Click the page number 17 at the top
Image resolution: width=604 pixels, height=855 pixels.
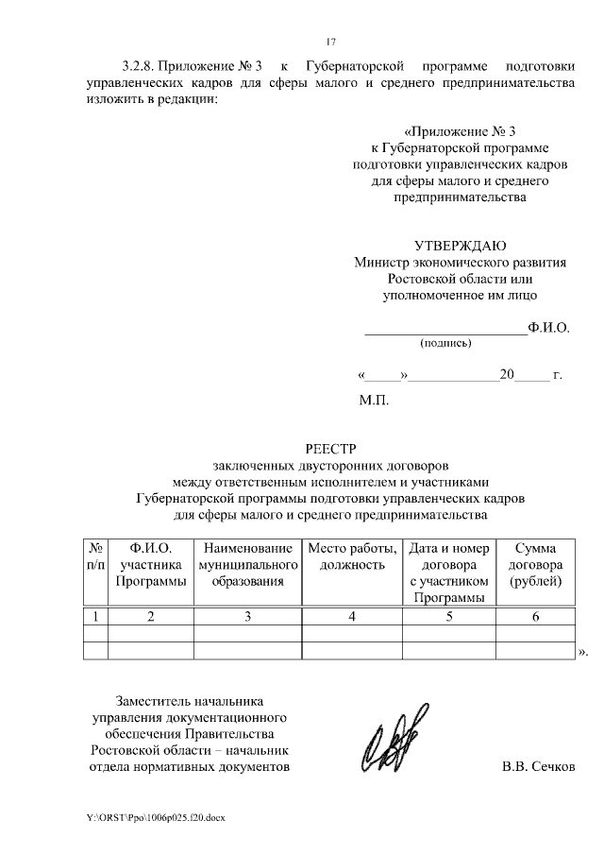pos(330,42)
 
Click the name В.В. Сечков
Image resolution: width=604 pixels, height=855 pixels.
pos(538,765)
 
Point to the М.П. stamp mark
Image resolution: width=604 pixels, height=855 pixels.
pos(374,400)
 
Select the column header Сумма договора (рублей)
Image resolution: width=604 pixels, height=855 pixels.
pos(535,565)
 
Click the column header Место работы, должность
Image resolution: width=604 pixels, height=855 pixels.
pos(351,556)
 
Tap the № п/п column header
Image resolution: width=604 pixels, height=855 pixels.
pos(95,556)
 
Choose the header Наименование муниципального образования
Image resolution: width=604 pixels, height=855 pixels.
pos(247,565)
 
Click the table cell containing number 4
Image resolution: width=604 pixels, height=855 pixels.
pos(351,617)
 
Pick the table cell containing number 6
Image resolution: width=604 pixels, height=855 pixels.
pos(535,617)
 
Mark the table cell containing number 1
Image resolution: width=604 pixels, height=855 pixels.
pos(95,617)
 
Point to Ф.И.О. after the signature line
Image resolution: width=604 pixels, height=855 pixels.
pos(549,328)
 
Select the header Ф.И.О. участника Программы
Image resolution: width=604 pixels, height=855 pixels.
pos(151,565)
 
